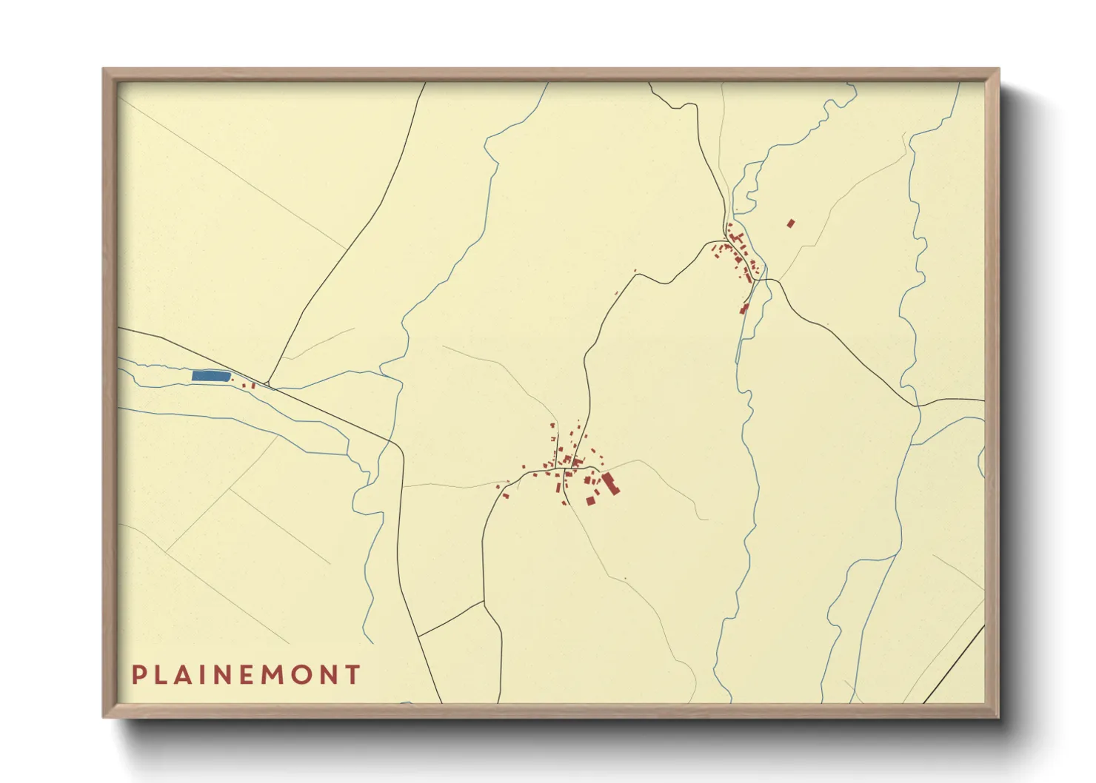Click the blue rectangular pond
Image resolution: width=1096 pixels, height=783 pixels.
coord(210,376)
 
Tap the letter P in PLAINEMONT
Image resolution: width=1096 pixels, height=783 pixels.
coord(138,675)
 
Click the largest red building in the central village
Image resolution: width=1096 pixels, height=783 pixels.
coord(611,484)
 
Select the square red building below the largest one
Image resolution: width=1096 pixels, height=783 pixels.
coord(591,501)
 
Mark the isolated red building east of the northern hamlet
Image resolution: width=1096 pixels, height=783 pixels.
coord(790,223)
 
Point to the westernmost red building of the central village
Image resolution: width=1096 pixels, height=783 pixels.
coord(498,486)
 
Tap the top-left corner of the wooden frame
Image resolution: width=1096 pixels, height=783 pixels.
coord(104,70)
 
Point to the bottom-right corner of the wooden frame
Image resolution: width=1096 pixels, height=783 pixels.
coord(998,716)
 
